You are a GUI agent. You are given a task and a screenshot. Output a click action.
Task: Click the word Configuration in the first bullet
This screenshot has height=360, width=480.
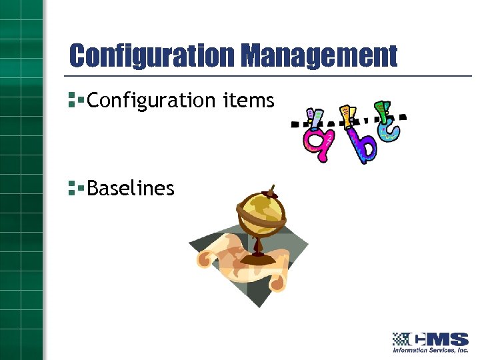pos(151,101)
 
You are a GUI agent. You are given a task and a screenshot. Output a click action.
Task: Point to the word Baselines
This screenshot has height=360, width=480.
pos(131,189)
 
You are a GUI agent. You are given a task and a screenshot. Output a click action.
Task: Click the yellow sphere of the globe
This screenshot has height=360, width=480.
pos(261,212)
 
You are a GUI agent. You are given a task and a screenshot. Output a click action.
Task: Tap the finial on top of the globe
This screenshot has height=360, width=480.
pos(271,189)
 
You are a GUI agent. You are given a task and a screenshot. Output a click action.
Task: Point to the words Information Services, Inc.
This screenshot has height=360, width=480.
pos(430,350)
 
